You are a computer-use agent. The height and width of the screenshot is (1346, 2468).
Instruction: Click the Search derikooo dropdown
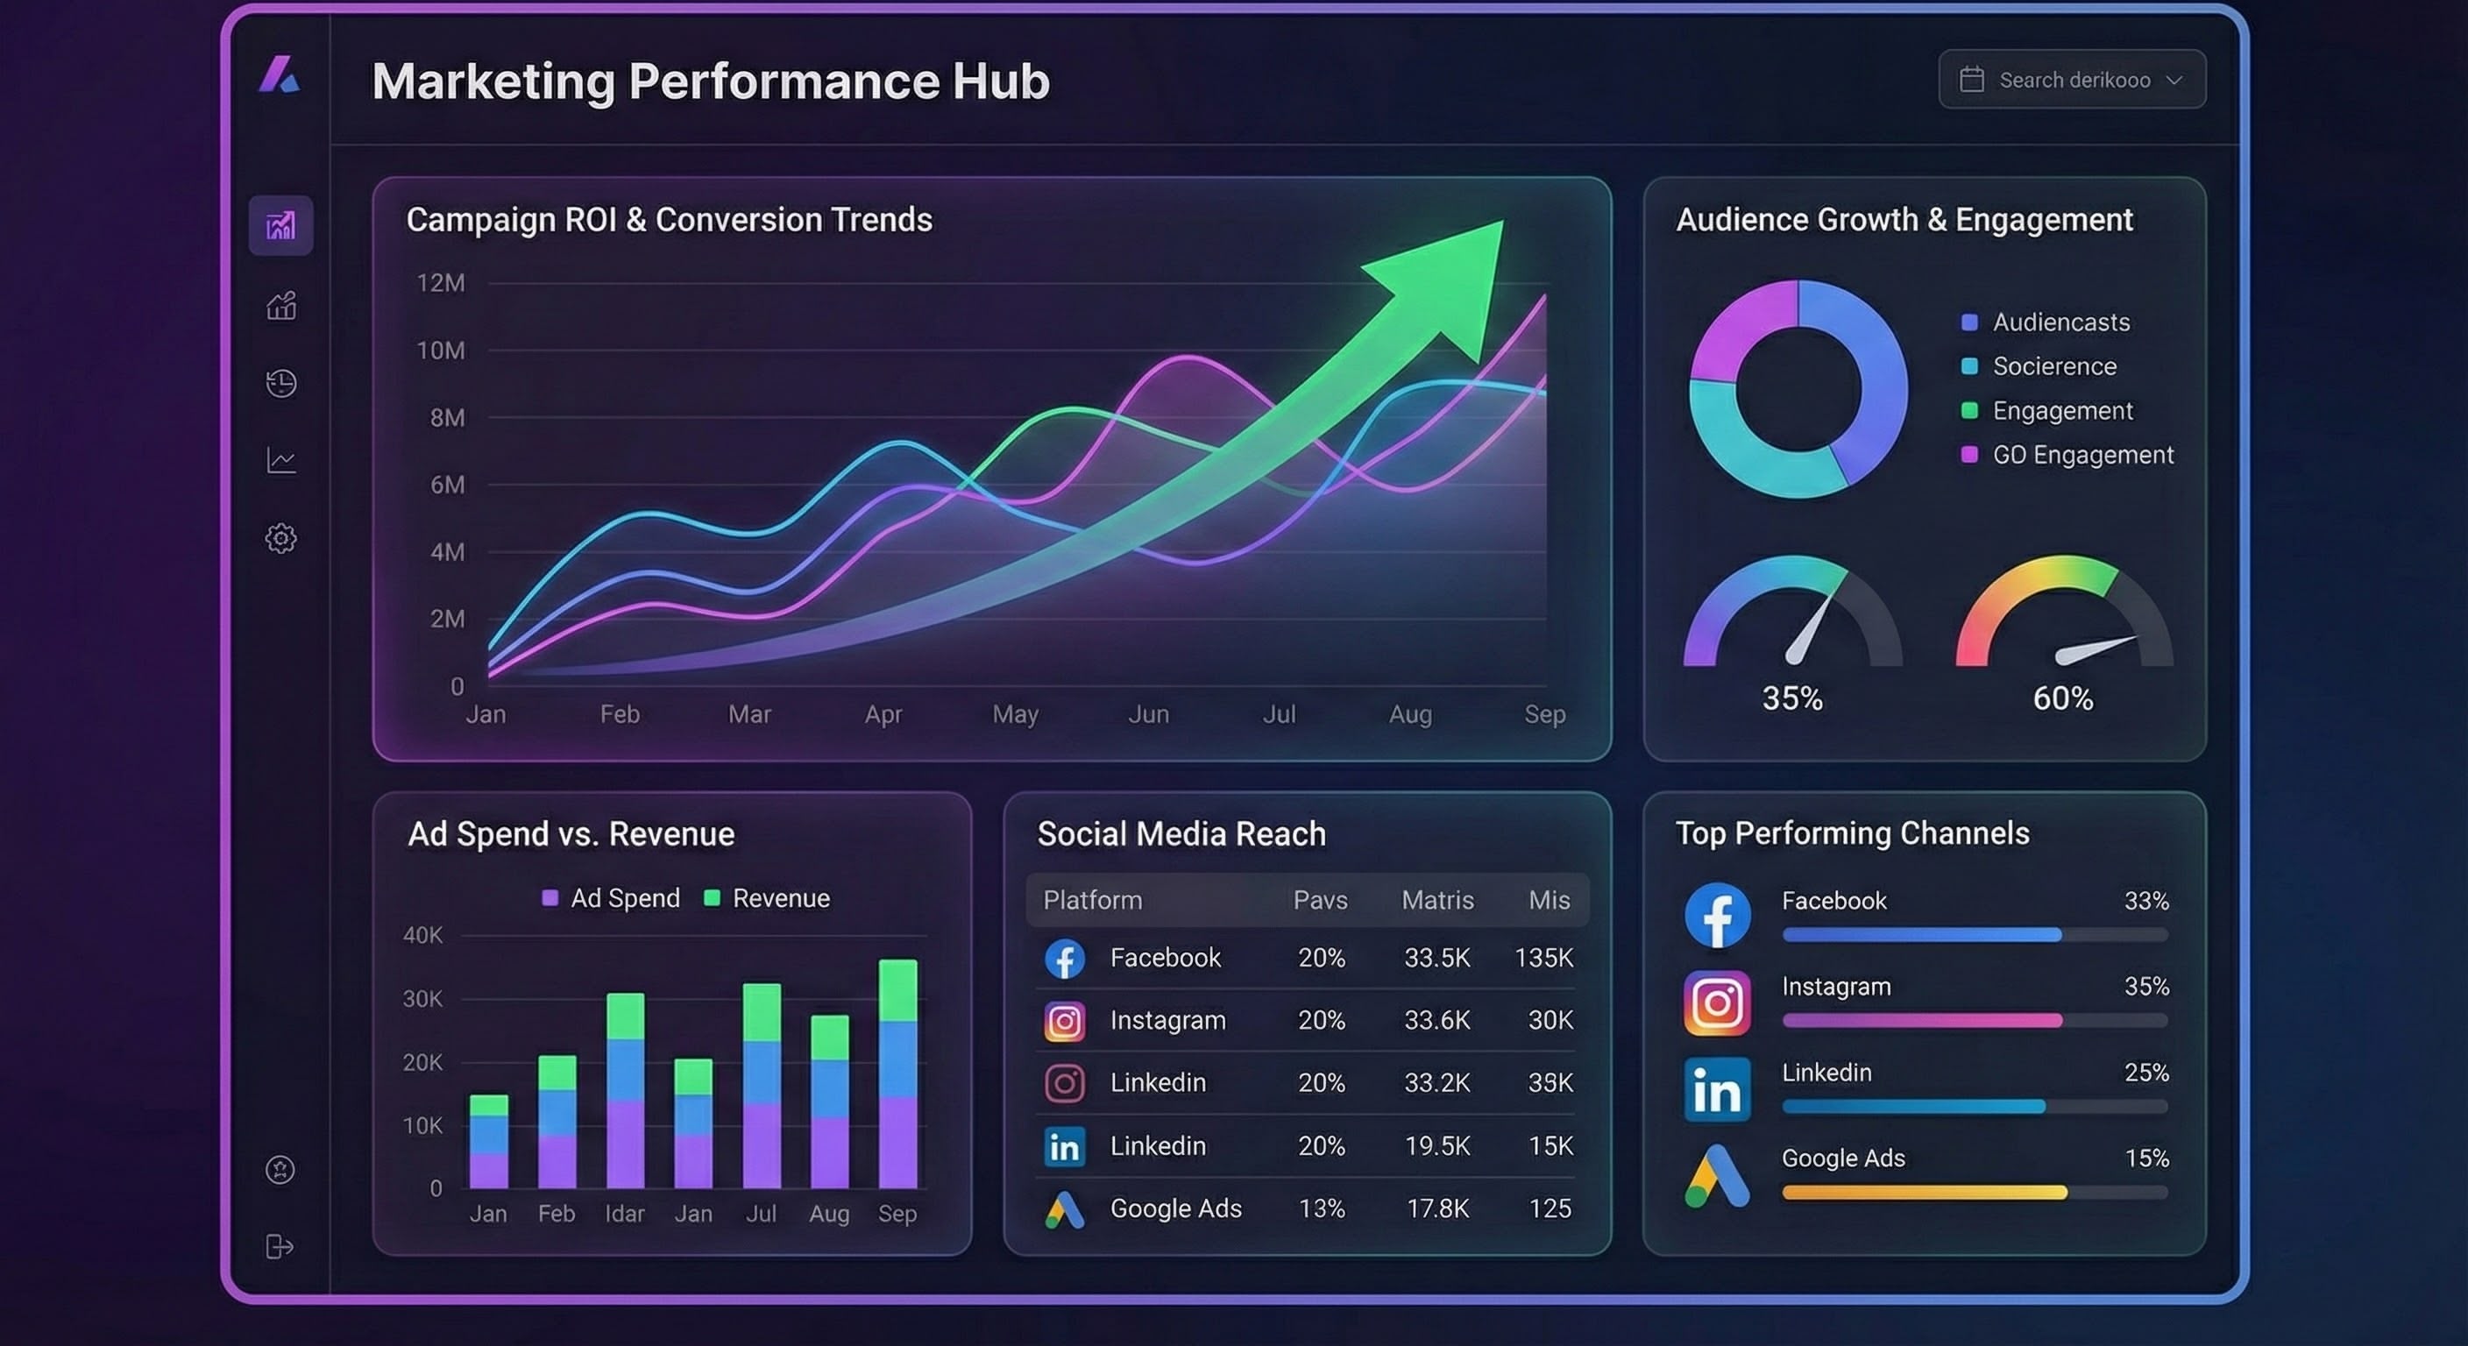2071,80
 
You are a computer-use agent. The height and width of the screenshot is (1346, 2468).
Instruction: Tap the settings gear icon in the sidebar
280,537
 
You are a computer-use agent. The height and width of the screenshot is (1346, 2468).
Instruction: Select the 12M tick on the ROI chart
440,283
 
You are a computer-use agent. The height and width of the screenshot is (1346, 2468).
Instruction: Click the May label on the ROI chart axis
1015,713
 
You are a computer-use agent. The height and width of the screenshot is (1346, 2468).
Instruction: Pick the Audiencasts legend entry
2060,322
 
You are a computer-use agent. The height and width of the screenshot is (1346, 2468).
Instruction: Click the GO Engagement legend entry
2081,454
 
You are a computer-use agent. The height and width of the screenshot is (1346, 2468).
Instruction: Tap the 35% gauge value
1791,698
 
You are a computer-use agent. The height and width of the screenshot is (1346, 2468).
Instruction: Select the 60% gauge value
2063,698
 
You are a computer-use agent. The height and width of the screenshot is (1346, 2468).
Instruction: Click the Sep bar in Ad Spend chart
897,1073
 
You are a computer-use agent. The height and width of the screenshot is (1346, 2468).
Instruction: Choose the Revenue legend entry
780,897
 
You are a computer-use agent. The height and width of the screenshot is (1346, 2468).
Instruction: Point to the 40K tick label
422,935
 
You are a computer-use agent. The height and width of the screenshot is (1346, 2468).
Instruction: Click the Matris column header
1437,900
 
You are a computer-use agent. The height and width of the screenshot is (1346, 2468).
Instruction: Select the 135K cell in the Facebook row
1543,957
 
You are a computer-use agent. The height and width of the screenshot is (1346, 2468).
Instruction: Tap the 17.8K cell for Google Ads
1437,1208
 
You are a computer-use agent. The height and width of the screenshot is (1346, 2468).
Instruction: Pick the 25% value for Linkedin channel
2146,1072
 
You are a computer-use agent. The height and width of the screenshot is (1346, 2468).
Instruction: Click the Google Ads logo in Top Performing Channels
1717,1176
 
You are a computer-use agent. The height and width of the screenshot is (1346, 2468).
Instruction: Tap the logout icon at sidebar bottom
279,1246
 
